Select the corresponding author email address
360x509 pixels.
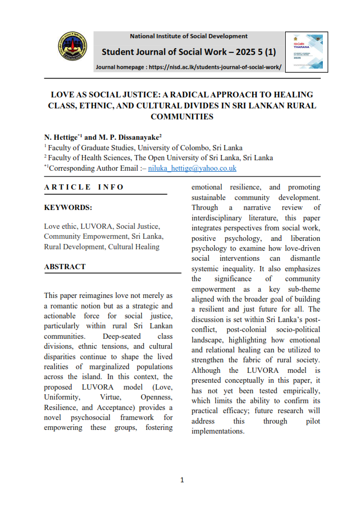(x=192, y=168)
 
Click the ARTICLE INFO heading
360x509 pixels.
(x=84, y=187)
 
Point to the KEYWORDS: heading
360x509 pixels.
(x=68, y=207)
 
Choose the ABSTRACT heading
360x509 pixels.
(x=65, y=267)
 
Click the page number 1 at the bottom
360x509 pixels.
(x=182, y=480)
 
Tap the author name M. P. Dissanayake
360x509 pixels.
(x=128, y=137)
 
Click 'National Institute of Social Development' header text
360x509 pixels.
(x=188, y=36)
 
